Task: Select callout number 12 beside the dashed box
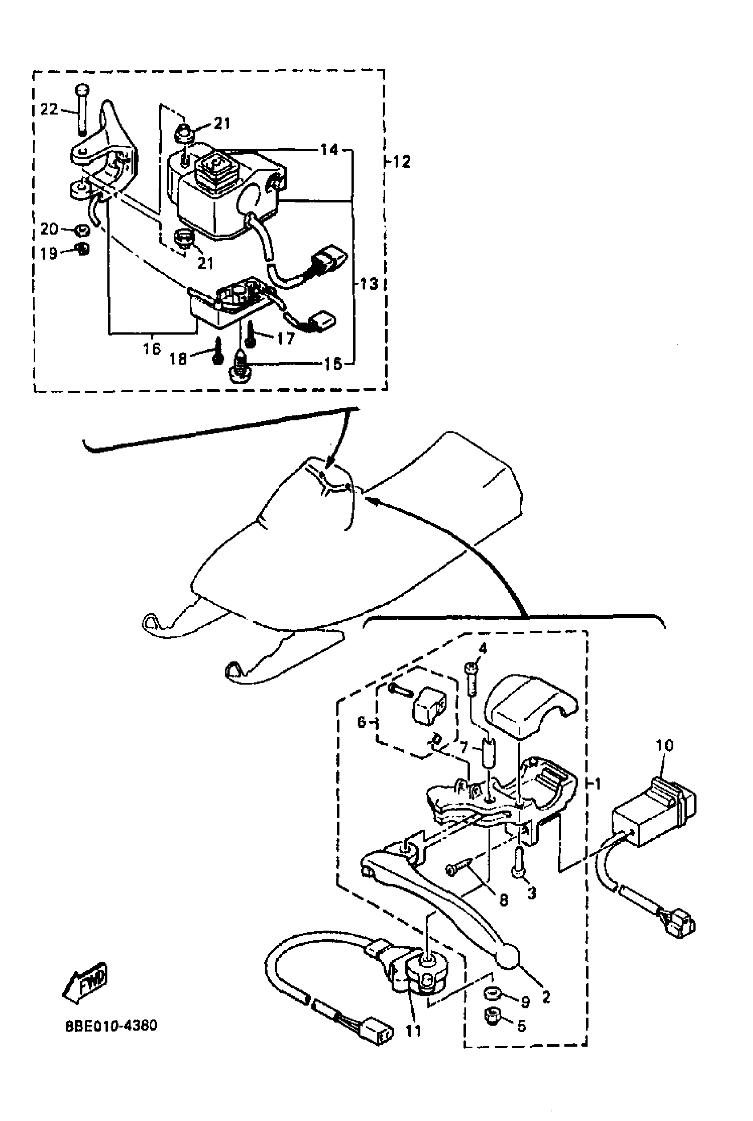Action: [x=401, y=162]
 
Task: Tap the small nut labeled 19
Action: [x=84, y=248]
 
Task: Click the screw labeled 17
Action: [x=250, y=335]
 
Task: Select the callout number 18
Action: [x=178, y=359]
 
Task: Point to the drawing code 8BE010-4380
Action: [x=111, y=1025]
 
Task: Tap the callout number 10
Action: [x=665, y=745]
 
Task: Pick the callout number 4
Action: [x=483, y=648]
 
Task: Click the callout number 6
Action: [x=361, y=721]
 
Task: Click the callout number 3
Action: [x=532, y=892]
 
